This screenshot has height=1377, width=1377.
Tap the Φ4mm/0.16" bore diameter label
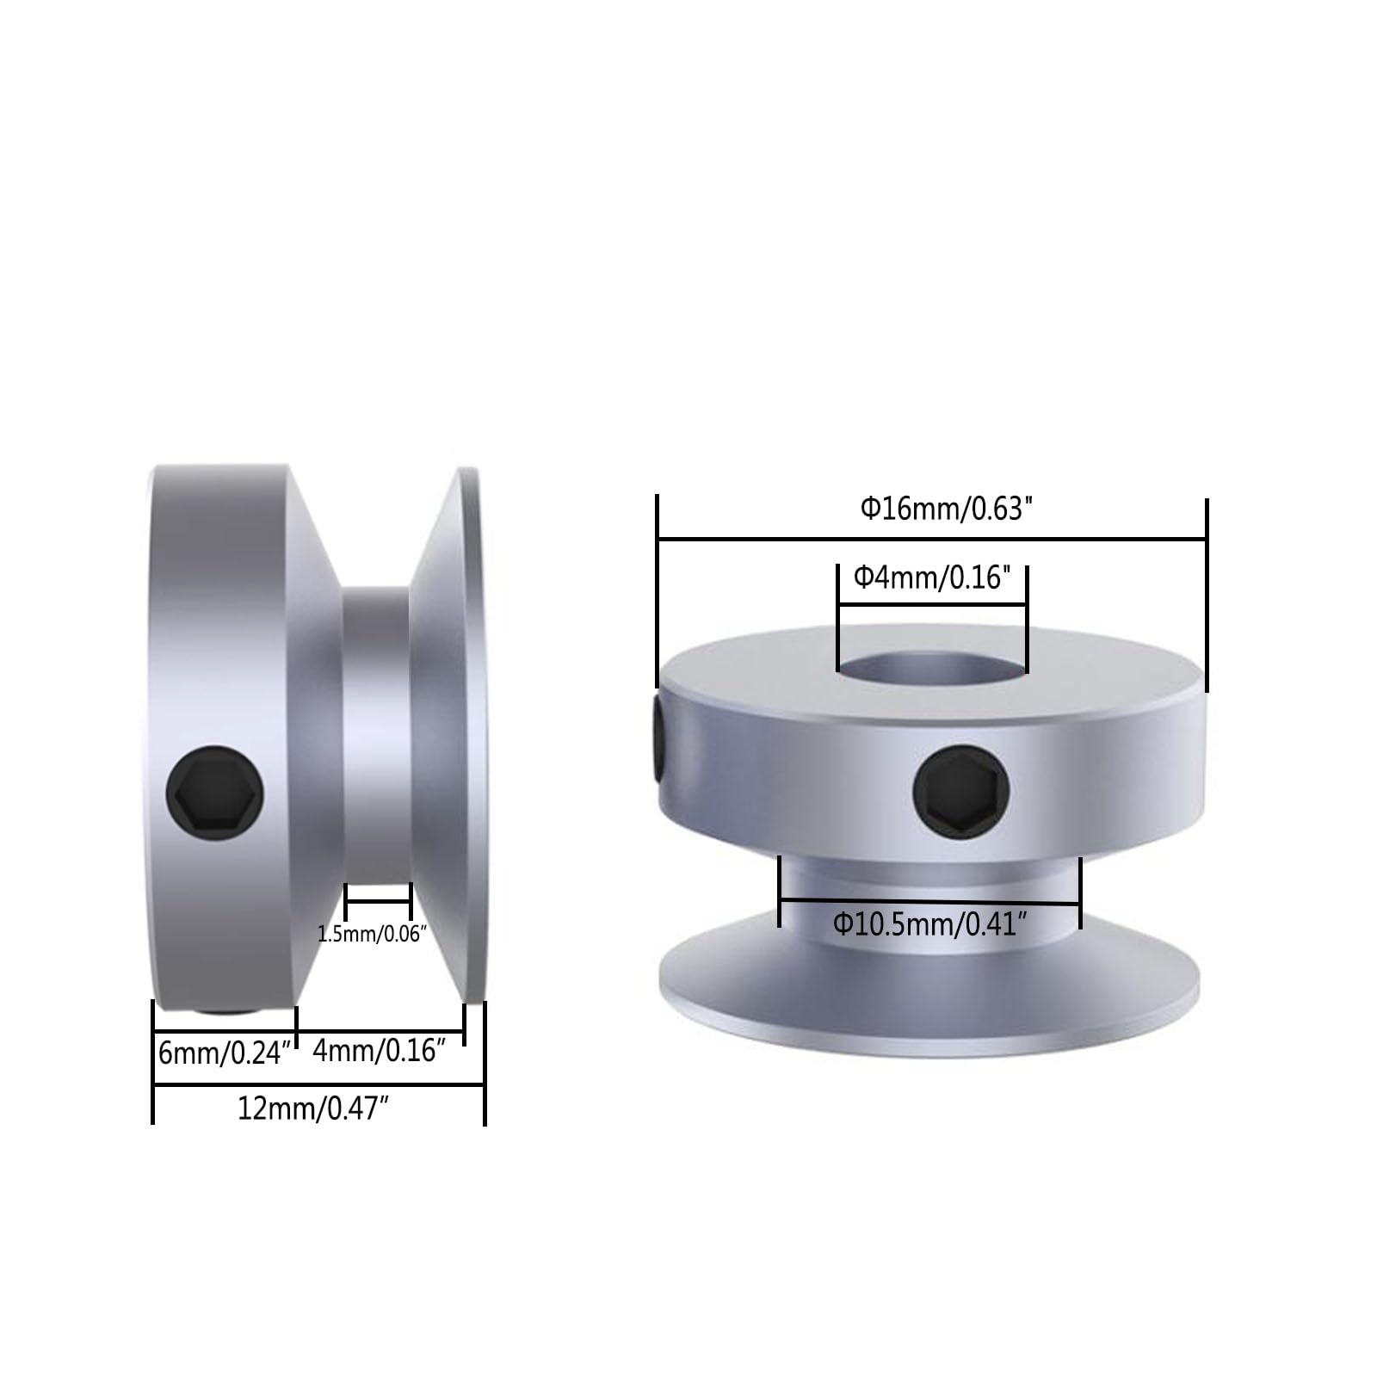tap(931, 577)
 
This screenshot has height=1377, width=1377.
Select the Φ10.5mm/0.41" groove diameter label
tap(929, 925)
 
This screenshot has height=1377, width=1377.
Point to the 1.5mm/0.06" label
tap(372, 934)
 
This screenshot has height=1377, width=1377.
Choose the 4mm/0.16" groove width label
tap(379, 1050)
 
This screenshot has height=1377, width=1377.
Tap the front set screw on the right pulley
tap(960, 789)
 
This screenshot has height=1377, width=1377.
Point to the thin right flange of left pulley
tap(471, 732)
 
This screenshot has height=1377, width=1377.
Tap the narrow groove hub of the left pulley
tap(376, 732)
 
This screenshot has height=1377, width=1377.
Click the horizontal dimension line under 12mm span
tap(318, 1085)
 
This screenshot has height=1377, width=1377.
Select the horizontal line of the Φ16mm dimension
tap(931, 540)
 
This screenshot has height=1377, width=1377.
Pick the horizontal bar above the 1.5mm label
tap(378, 900)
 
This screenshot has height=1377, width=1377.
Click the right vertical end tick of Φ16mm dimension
tap(1207, 594)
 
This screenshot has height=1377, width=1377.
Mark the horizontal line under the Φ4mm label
tap(932, 605)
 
